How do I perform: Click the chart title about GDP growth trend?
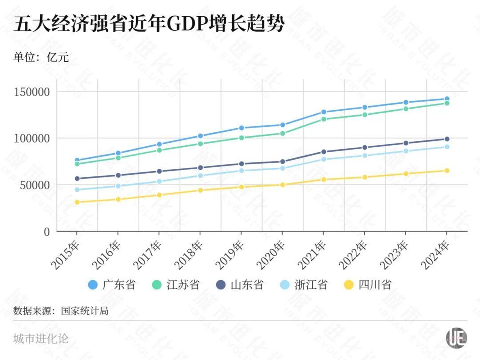pyautogui.click(x=148, y=23)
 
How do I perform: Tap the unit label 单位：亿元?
pyautogui.click(x=41, y=57)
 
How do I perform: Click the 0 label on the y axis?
pyautogui.click(x=46, y=231)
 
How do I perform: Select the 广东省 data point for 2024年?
pyautogui.click(x=447, y=99)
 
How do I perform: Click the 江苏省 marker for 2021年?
pyautogui.click(x=323, y=119)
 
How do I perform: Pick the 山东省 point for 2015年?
pyautogui.click(x=77, y=179)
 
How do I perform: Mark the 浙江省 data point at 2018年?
pyautogui.click(x=200, y=176)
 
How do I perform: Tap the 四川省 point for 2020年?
pyautogui.click(x=282, y=185)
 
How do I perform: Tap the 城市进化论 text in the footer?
pyautogui.click(x=41, y=339)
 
